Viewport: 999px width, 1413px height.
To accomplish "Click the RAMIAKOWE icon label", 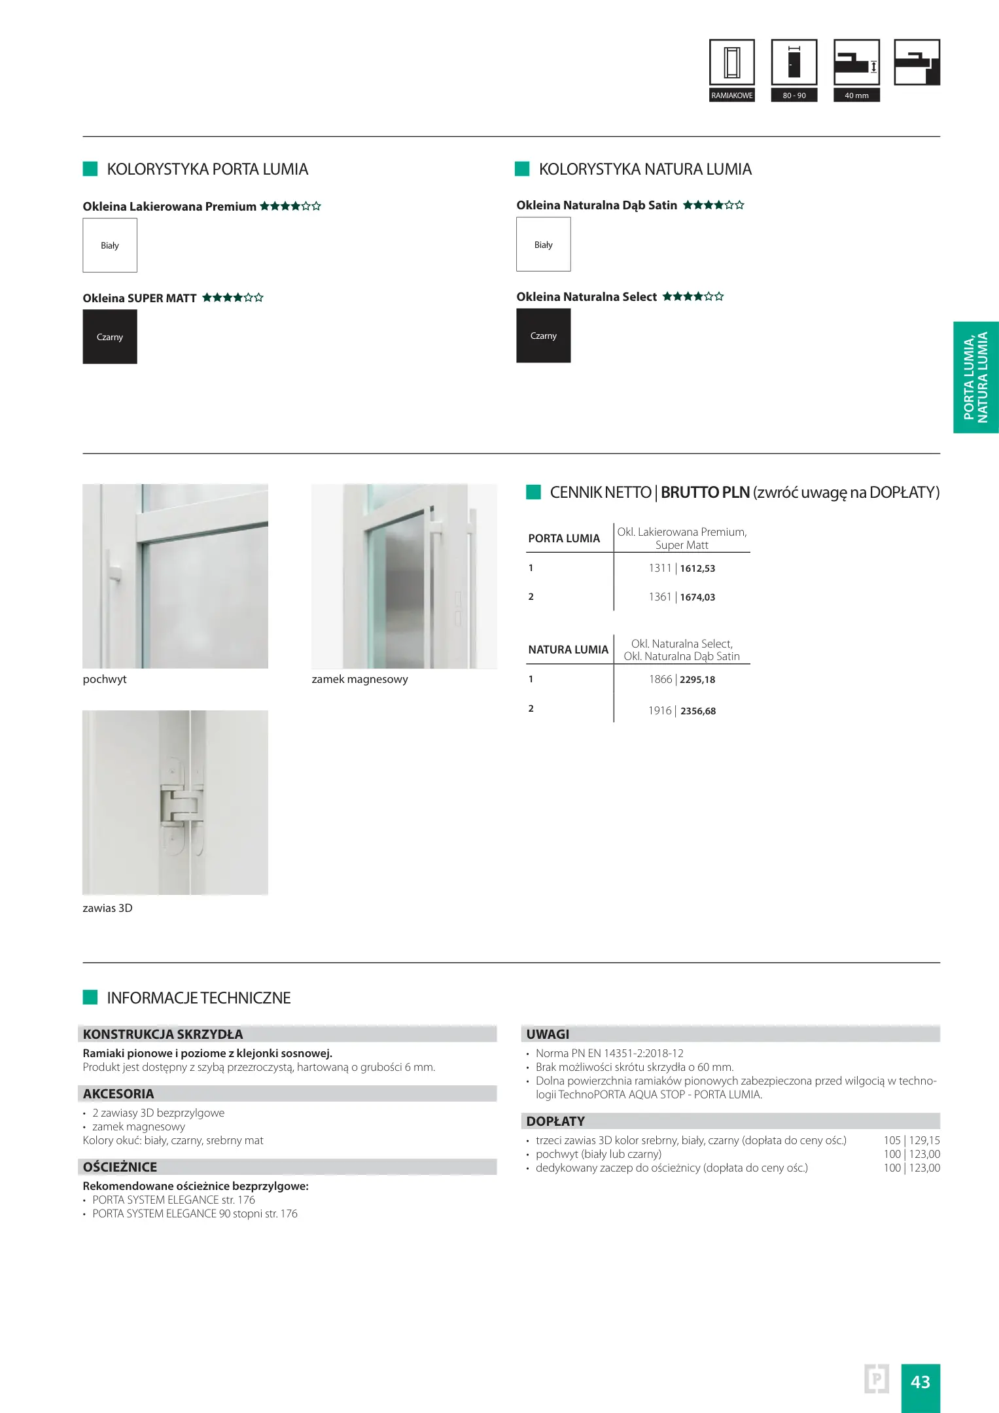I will point(732,96).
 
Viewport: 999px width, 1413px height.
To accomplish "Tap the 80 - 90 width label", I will point(794,96).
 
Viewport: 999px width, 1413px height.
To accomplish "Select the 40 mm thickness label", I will point(856,96).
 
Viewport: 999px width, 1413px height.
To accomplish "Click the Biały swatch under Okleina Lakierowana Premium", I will point(110,245).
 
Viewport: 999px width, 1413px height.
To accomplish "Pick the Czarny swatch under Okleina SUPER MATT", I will point(110,337).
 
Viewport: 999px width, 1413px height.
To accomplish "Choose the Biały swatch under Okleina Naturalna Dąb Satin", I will point(543,245).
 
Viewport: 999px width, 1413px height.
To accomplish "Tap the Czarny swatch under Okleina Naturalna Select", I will point(543,336).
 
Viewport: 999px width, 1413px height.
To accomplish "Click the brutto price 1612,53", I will point(697,568).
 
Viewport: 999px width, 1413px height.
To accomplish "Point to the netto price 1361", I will point(659,597).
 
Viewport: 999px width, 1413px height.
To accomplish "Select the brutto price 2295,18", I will point(697,680).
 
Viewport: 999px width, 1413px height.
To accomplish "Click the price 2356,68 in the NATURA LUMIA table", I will point(698,711).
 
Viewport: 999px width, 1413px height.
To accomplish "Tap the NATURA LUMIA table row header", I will point(568,650).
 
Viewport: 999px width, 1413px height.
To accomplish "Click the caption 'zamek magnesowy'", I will point(359,679).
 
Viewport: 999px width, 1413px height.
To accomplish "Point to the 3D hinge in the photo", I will point(182,806).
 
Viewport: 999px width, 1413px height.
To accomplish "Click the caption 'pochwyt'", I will point(105,679).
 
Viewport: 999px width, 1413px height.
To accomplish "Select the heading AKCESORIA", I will point(118,1094).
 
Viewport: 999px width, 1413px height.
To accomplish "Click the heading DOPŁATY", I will point(555,1121).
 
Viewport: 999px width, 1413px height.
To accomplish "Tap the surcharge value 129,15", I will point(924,1140).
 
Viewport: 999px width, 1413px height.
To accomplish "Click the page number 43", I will point(920,1382).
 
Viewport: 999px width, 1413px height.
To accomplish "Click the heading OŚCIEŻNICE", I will point(120,1167).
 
